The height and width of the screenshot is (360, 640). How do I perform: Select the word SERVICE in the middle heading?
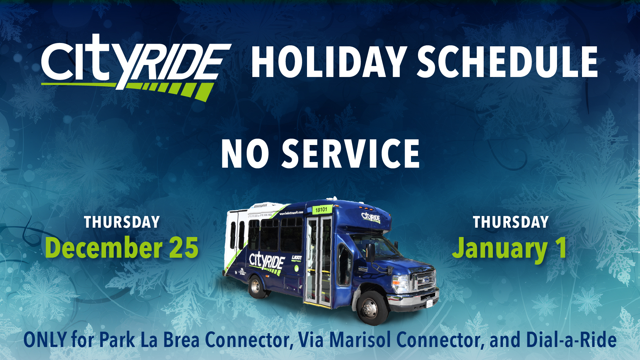pos(351,154)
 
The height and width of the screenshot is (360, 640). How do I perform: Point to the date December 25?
pos(122,248)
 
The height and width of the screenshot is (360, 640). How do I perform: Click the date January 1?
pos(509,248)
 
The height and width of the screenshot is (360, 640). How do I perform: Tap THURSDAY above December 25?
pos(122,222)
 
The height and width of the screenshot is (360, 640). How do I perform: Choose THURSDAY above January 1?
pos(511,222)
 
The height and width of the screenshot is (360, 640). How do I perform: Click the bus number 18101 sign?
pos(321,210)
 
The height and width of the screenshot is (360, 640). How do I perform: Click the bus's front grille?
pos(424,281)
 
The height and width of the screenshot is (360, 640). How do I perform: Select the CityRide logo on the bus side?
pos(267,262)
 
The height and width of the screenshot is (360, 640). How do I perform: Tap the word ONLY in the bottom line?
pos(45,340)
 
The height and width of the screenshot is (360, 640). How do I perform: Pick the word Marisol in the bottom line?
pos(360,340)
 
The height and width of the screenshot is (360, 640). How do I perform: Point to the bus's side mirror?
pos(370,252)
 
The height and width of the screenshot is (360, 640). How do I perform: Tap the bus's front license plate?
pos(429,303)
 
